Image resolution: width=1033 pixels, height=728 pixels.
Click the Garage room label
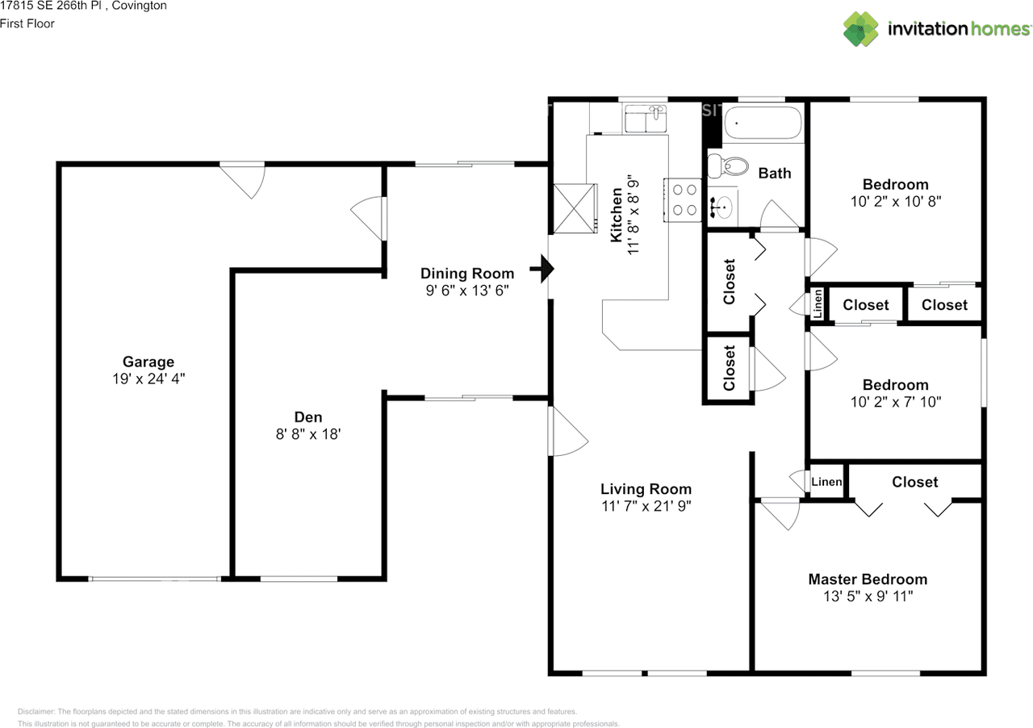click(148, 362)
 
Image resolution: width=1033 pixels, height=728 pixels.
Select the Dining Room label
click(466, 274)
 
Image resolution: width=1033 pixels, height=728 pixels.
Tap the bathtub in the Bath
click(762, 124)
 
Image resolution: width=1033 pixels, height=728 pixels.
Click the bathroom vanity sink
click(723, 208)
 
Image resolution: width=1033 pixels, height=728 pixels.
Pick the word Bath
click(775, 173)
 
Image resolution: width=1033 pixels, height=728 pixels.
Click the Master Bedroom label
click(868, 579)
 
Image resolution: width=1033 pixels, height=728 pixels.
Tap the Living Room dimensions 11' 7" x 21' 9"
click(646, 506)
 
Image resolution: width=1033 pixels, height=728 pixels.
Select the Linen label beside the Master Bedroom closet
click(826, 483)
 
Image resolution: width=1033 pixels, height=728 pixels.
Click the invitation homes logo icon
click(861, 28)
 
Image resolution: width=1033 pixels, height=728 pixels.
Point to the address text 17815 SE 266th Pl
click(61, 6)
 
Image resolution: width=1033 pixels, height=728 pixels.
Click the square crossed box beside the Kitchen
click(574, 208)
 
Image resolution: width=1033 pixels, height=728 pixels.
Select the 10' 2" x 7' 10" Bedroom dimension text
click(895, 401)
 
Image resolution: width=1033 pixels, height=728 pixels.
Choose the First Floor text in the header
click(27, 24)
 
